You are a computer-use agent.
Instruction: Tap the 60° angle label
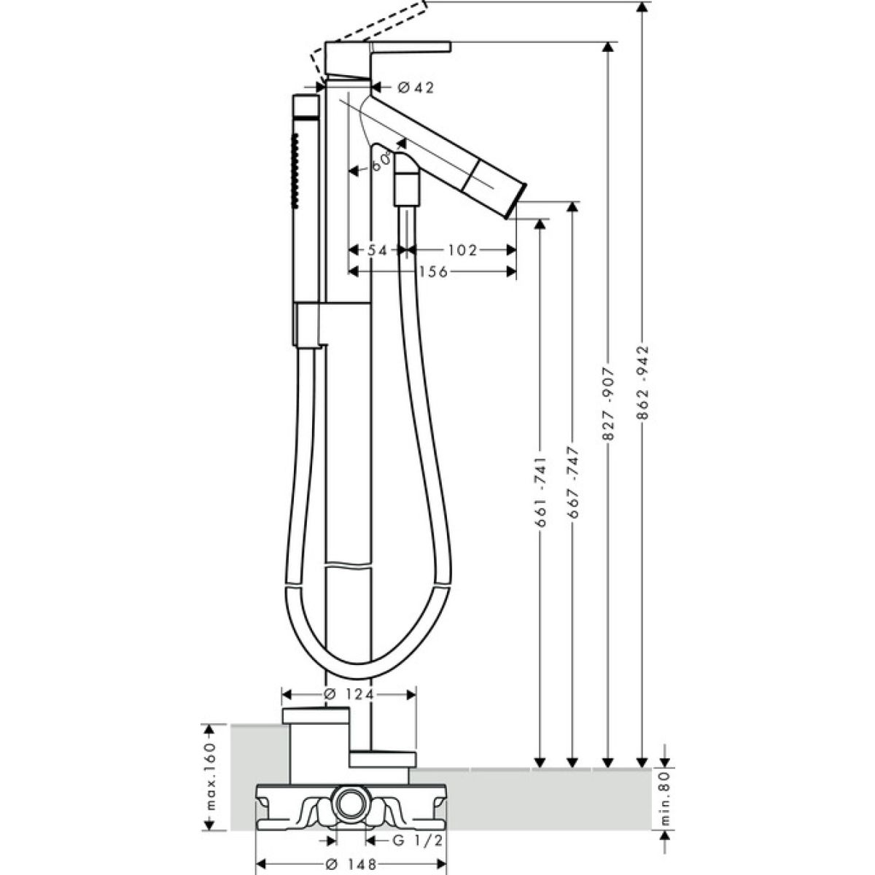tap(381, 163)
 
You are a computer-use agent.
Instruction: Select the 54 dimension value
tap(376, 250)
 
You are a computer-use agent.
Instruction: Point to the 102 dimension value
tap(462, 250)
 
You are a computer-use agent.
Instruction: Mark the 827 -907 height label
tap(608, 406)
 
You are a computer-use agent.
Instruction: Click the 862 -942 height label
tap(642, 383)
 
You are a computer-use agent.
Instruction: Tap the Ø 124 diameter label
tap(349, 695)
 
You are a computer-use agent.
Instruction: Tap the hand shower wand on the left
tap(304, 197)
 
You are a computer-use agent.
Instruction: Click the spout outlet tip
tap(521, 192)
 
